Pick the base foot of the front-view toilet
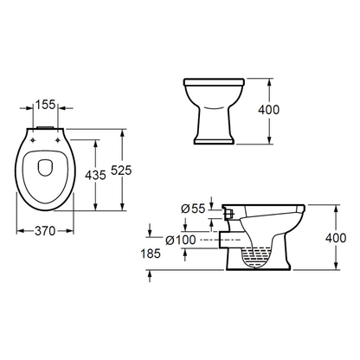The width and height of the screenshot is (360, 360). pos(209,140)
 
